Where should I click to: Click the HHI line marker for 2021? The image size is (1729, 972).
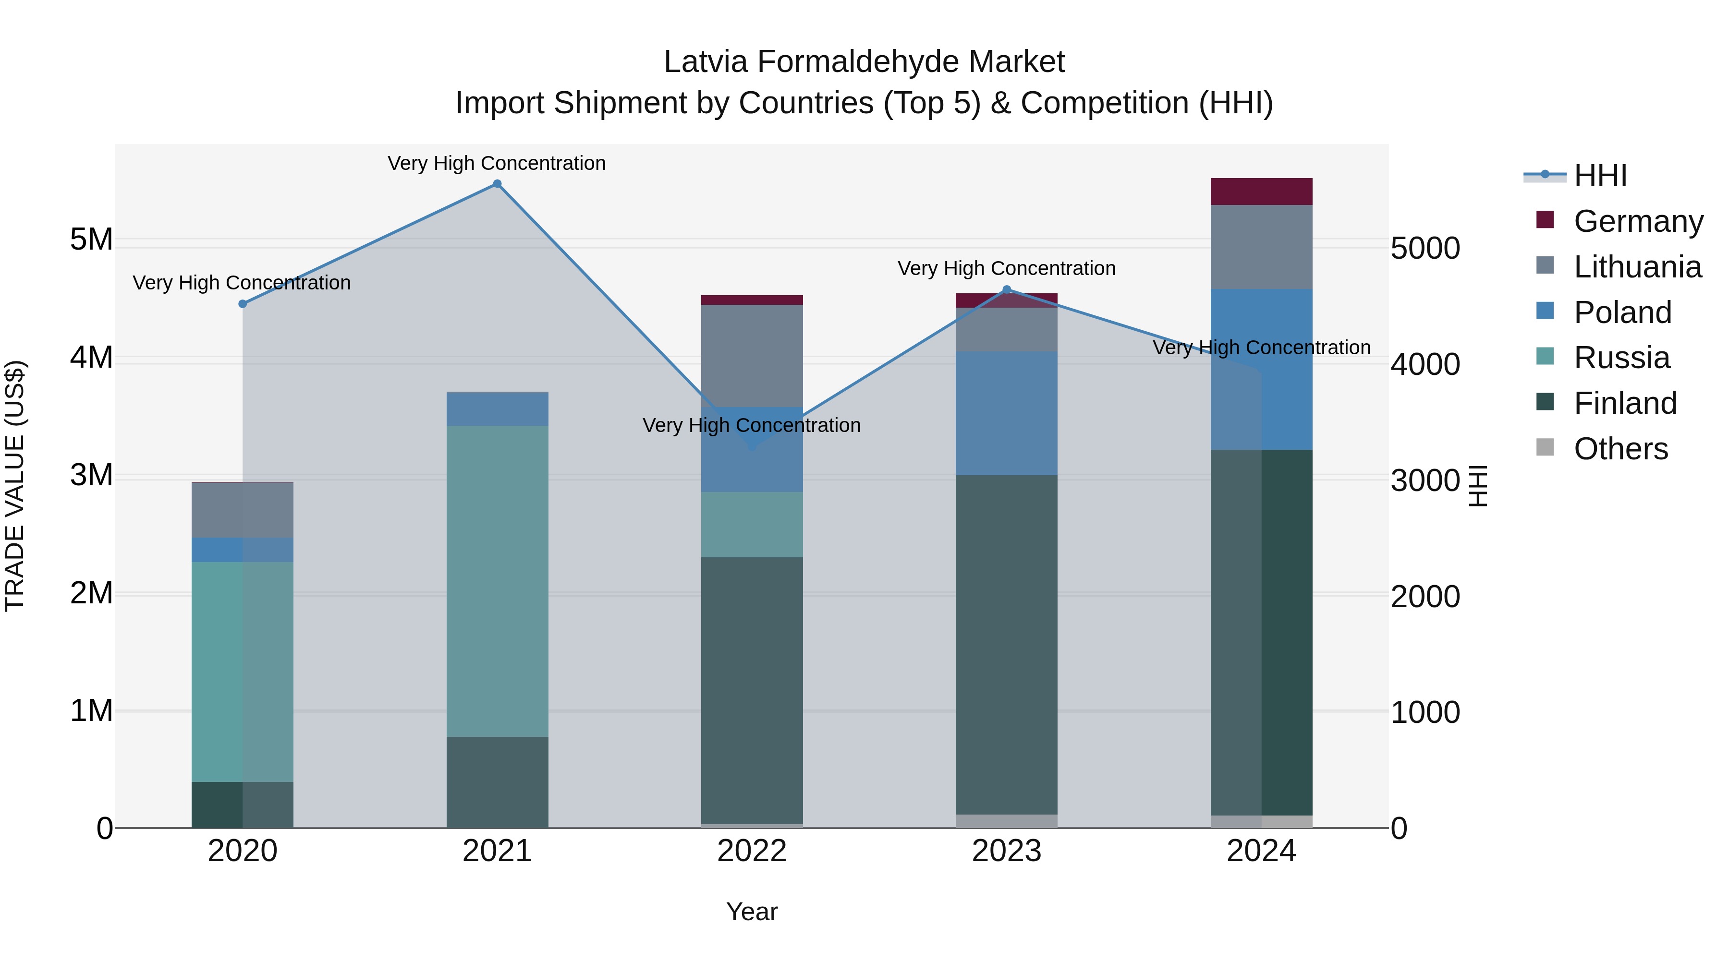(498, 184)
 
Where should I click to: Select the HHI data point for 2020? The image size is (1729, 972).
(243, 304)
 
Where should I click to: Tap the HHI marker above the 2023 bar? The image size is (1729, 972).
(1006, 290)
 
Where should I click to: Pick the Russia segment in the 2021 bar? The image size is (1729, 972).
(498, 580)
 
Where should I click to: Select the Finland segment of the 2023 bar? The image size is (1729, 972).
(1006, 644)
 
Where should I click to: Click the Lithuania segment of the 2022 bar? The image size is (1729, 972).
(752, 356)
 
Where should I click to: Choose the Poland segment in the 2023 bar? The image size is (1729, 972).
(1006, 413)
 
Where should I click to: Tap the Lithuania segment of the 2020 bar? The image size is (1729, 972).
(243, 510)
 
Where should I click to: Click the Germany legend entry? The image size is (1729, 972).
(1638, 221)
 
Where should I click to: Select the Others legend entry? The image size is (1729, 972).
(1620, 449)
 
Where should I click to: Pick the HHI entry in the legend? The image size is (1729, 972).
(1600, 176)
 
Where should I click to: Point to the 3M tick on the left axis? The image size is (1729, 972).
(91, 475)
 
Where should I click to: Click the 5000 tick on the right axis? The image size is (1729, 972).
(1425, 248)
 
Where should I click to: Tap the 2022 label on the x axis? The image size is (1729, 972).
(752, 851)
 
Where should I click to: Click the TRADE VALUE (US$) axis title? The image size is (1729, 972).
(15, 486)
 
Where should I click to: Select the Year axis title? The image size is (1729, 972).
(752, 912)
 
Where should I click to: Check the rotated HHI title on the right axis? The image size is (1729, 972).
(1478, 486)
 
